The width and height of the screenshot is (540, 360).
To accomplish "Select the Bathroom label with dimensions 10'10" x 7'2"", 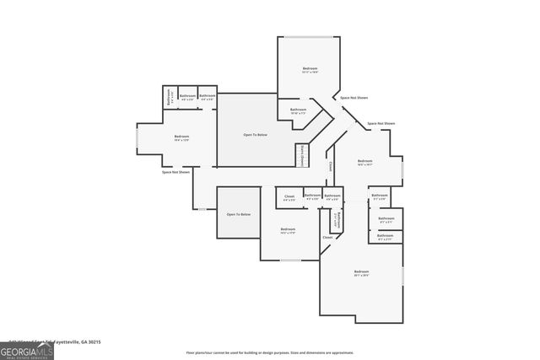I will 298,110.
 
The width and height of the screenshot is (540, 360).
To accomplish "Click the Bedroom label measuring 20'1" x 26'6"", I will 361,272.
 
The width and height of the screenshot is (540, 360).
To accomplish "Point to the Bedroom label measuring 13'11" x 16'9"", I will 310,69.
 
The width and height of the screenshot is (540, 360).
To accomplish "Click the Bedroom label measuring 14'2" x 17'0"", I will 288,230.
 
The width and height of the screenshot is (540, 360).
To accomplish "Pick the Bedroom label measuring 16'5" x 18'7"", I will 364,162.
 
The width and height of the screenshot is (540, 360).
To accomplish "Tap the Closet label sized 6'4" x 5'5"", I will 289,198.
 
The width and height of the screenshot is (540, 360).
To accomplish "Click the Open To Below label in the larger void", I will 256,135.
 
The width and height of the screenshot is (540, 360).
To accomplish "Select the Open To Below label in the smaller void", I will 238,214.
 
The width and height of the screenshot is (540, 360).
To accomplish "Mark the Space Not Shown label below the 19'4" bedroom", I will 175,172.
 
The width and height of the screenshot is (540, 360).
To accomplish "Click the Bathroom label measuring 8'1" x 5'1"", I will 385,223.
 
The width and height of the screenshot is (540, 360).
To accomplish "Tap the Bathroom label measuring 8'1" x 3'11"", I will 385,237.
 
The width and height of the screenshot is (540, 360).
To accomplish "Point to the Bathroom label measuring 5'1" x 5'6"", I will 379,197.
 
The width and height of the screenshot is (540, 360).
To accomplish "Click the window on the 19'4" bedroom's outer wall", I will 137,140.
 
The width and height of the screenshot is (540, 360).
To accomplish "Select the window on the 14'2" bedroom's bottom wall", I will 289,261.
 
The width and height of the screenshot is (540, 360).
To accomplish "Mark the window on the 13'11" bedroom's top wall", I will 299,37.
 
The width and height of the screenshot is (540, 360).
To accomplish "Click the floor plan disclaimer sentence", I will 270,352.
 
